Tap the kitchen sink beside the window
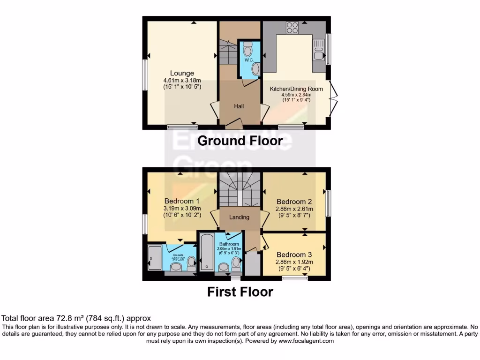[x=318, y=50]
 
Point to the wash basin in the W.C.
[x=255, y=69]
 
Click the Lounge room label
[x=182, y=73]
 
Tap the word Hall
[x=239, y=106]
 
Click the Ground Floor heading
[x=240, y=141]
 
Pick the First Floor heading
[x=240, y=292]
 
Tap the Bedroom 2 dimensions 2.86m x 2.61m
[x=294, y=209]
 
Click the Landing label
[x=239, y=217]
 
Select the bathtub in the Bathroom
[x=206, y=252]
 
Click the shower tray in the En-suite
[x=154, y=258]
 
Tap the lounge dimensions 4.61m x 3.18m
[x=182, y=80]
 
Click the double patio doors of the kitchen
[x=333, y=98]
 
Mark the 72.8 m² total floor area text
[x=77, y=318]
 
